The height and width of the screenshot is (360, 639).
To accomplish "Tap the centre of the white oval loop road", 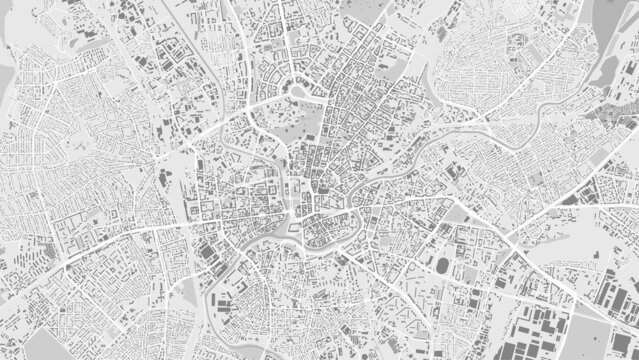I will point(296,92).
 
